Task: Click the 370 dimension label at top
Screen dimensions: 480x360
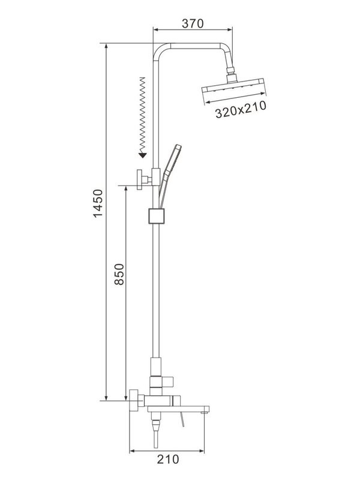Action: [x=193, y=23]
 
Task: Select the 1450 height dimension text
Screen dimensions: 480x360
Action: [x=98, y=204]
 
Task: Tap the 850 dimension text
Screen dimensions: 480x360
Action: [x=119, y=276]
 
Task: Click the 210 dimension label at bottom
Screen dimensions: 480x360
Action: [x=169, y=460]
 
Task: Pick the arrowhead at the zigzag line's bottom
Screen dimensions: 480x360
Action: [x=142, y=155]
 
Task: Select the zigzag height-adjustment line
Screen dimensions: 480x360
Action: [x=142, y=114]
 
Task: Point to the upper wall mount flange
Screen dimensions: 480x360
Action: [x=142, y=179]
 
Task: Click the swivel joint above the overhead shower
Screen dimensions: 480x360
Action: [x=231, y=76]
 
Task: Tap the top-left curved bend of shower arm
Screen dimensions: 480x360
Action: [x=159, y=50]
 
